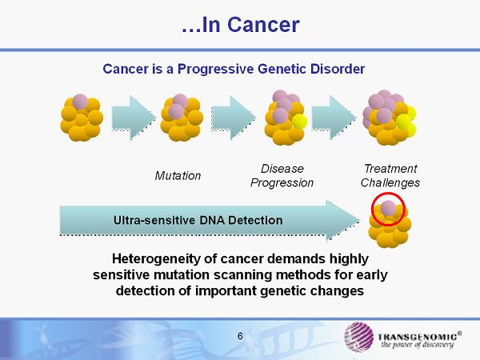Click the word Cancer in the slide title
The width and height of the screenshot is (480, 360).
[263, 25]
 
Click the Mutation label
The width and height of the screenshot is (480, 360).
[178, 176]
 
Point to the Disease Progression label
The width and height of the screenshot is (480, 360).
[282, 176]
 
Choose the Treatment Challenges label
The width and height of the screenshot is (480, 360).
[390, 176]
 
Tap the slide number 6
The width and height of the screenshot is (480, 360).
[240, 336]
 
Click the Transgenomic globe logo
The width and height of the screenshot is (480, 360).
[358, 337]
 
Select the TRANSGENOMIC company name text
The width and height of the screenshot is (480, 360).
[418, 337]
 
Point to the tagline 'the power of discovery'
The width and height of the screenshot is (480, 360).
[418, 345]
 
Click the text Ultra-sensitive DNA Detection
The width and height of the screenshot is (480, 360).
[198, 220]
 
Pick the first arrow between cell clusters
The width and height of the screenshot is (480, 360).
[134, 118]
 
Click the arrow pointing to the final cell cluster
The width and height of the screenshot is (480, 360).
[334, 118]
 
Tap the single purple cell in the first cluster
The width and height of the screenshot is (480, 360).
[80, 102]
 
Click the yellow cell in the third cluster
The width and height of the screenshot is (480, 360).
[299, 122]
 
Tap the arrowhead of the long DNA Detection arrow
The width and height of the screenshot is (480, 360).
[343, 221]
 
